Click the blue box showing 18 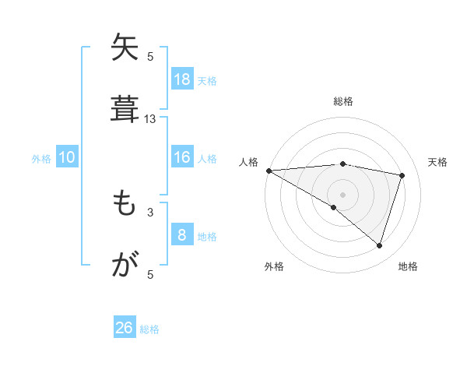click(x=182, y=79)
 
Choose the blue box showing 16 click(x=182, y=157)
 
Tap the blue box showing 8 click(x=182, y=235)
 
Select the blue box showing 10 click(x=67, y=157)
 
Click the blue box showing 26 click(x=125, y=328)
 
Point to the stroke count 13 click(x=150, y=119)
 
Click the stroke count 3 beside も click(x=150, y=212)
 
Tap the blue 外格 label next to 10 click(x=41, y=158)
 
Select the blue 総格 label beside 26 click(x=149, y=329)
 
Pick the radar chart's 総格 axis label click(x=343, y=101)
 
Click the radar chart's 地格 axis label click(x=408, y=266)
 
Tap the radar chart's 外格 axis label click(x=274, y=266)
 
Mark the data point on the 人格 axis click(x=269, y=170)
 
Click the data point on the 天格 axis click(x=402, y=175)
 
